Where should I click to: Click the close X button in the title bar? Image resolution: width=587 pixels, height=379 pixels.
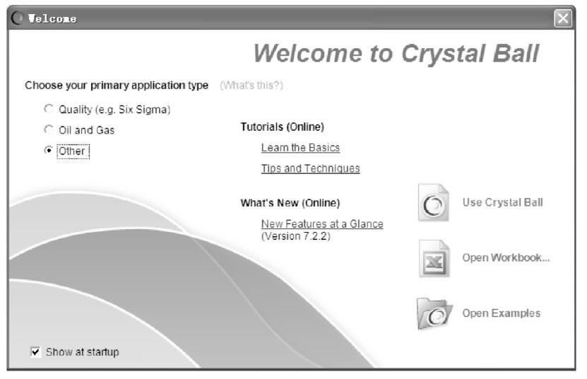coord(563,18)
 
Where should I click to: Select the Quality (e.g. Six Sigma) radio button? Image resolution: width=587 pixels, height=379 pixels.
coord(48,109)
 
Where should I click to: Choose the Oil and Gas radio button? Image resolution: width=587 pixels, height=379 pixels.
coord(48,129)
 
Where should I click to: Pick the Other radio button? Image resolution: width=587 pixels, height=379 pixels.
coord(48,151)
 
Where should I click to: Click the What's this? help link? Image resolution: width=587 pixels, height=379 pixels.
coord(251,86)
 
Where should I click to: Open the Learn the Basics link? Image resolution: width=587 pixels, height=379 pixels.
coord(301,148)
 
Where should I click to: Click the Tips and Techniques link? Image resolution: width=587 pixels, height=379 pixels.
coord(311,169)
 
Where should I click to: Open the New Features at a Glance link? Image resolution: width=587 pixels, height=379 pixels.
coord(322,224)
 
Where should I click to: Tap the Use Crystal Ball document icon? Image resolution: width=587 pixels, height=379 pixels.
coord(433,202)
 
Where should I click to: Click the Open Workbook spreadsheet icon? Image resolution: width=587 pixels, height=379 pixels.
coord(434,258)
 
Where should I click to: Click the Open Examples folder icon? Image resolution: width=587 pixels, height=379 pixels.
coord(434,313)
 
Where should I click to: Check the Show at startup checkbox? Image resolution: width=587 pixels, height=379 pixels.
coord(35,351)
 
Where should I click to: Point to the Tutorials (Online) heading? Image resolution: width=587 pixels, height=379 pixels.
coord(283,127)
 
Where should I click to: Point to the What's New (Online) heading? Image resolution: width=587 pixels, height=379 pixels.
coord(290,203)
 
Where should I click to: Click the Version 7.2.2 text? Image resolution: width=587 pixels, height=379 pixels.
coord(296,236)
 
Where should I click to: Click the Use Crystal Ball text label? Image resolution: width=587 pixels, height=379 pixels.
coord(502,202)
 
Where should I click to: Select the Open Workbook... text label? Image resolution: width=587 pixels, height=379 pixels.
coord(506,257)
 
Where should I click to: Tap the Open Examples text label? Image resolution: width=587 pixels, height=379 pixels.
coord(502,313)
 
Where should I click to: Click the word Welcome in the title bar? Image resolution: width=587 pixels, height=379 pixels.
coord(52,18)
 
